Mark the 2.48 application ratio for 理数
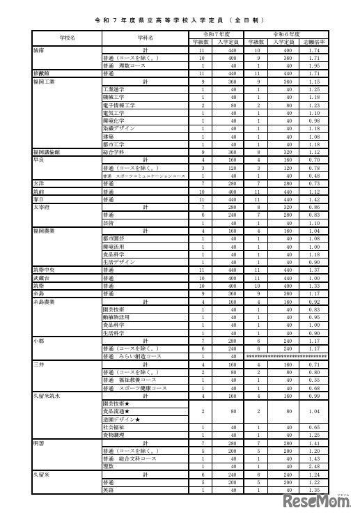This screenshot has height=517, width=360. (x=313, y=467)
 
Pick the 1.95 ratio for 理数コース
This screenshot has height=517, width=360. (x=313, y=65)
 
